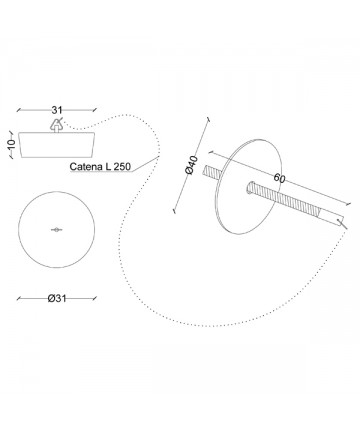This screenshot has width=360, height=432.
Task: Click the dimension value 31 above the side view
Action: click(57, 110)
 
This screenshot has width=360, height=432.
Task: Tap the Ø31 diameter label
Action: click(57, 298)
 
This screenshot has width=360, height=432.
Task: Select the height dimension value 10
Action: click(11, 144)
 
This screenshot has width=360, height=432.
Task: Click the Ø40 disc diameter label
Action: click(192, 165)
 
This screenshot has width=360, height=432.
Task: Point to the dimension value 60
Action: click(279, 178)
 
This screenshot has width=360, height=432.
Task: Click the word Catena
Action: click(86, 166)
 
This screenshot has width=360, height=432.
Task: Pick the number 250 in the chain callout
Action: click(122, 166)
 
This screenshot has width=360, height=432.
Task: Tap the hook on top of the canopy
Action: click(56, 125)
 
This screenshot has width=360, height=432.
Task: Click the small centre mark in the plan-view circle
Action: click(57, 229)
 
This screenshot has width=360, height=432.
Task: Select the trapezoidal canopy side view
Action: click(57, 145)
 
